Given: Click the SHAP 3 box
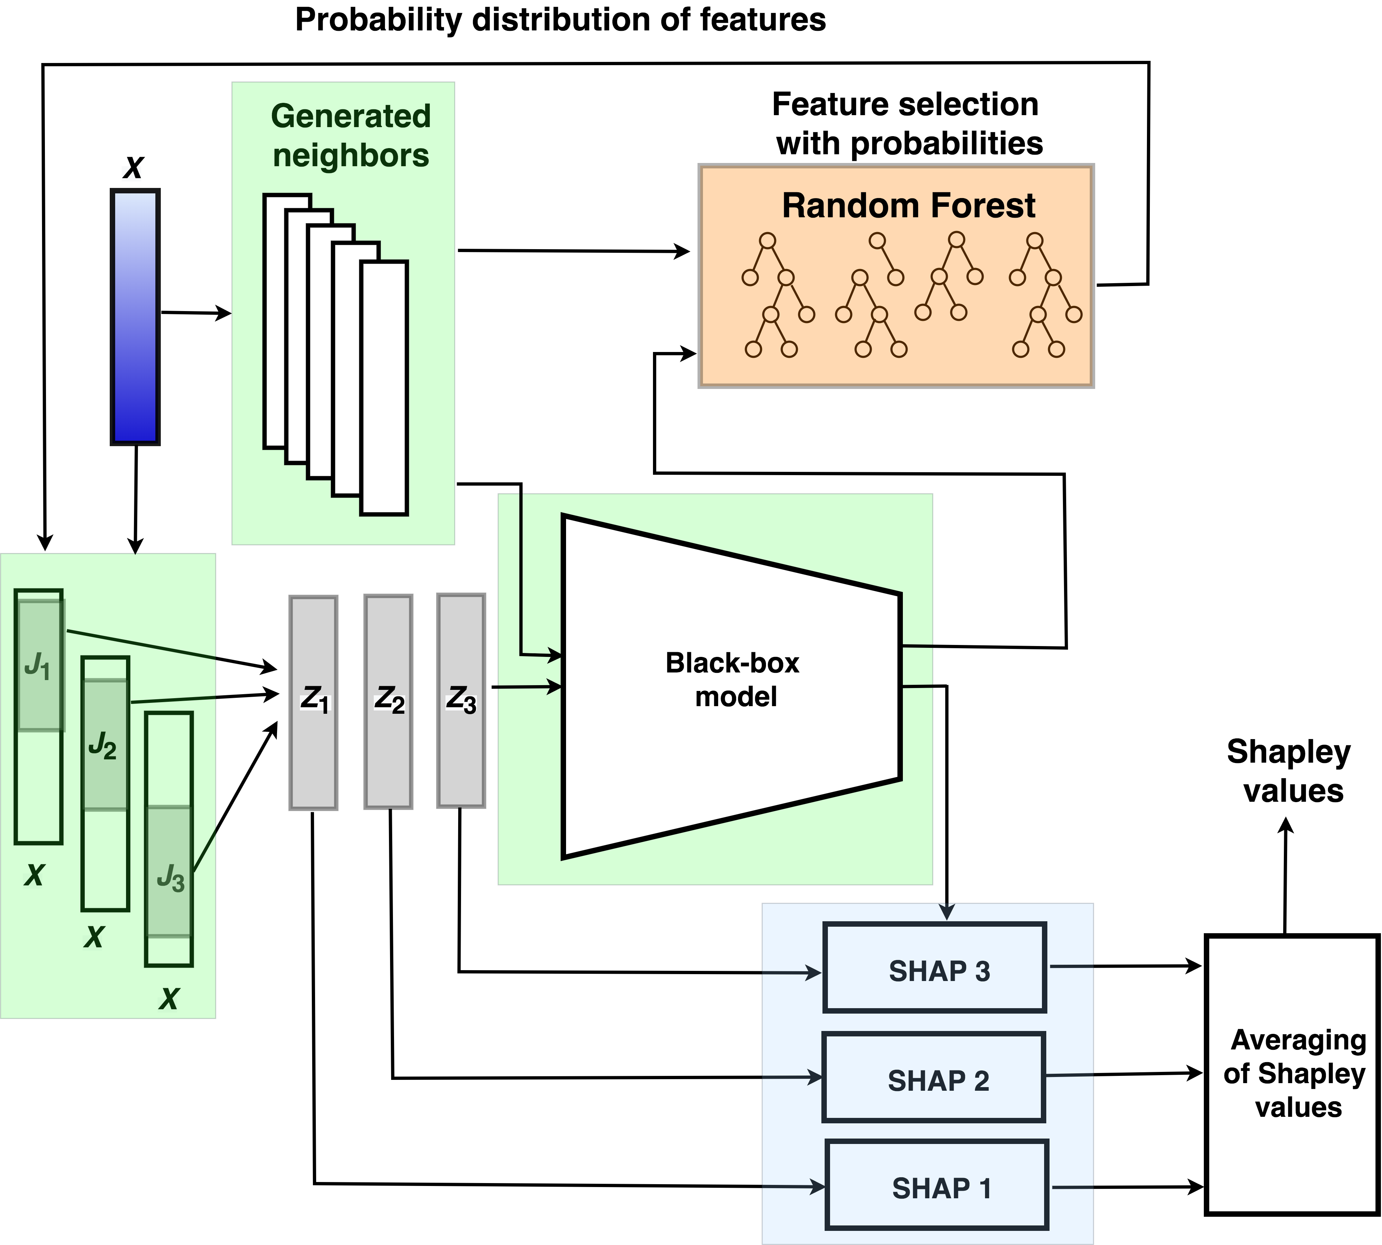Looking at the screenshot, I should coord(935,967).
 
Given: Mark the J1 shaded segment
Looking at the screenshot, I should coord(40,665).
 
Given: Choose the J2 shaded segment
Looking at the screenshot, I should coord(105,744).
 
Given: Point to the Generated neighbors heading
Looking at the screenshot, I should coord(351,135).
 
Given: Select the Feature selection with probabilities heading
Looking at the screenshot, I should coord(907,124).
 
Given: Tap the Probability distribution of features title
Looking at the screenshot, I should coord(560,20).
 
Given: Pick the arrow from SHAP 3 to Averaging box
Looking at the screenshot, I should coord(1126,966).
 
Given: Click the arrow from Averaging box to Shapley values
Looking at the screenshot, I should coord(1286,876).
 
